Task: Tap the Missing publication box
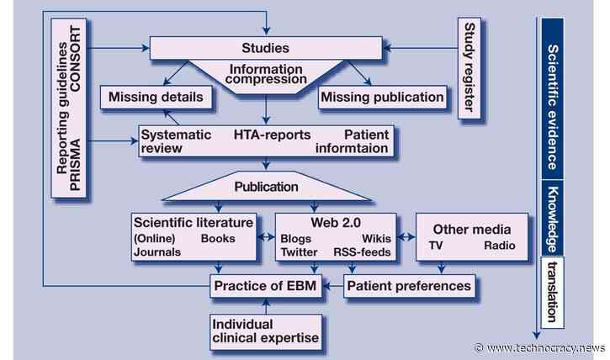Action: [x=381, y=97]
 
